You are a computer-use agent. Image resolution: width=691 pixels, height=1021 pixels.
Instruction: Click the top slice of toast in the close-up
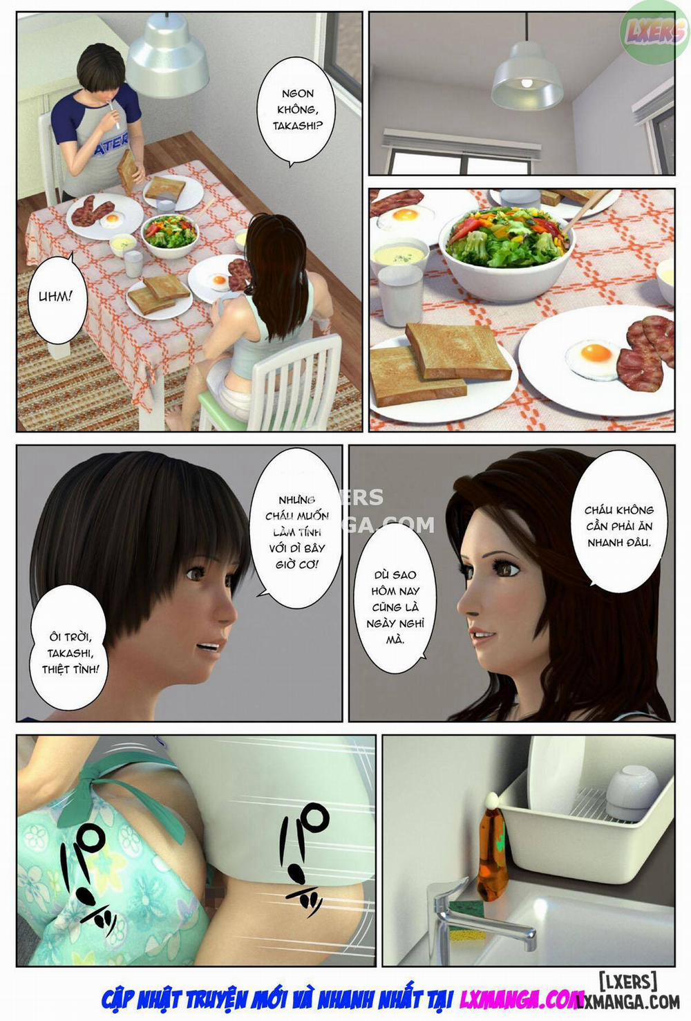tap(457, 350)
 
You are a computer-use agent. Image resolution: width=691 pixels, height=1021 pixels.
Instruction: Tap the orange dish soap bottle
tap(493, 853)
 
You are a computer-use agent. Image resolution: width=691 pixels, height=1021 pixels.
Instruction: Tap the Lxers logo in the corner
tap(654, 31)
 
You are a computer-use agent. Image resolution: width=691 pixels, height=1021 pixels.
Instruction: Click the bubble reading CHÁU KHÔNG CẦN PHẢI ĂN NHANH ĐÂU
tap(619, 526)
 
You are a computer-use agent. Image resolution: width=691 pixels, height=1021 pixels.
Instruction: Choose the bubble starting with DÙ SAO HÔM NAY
tap(395, 607)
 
